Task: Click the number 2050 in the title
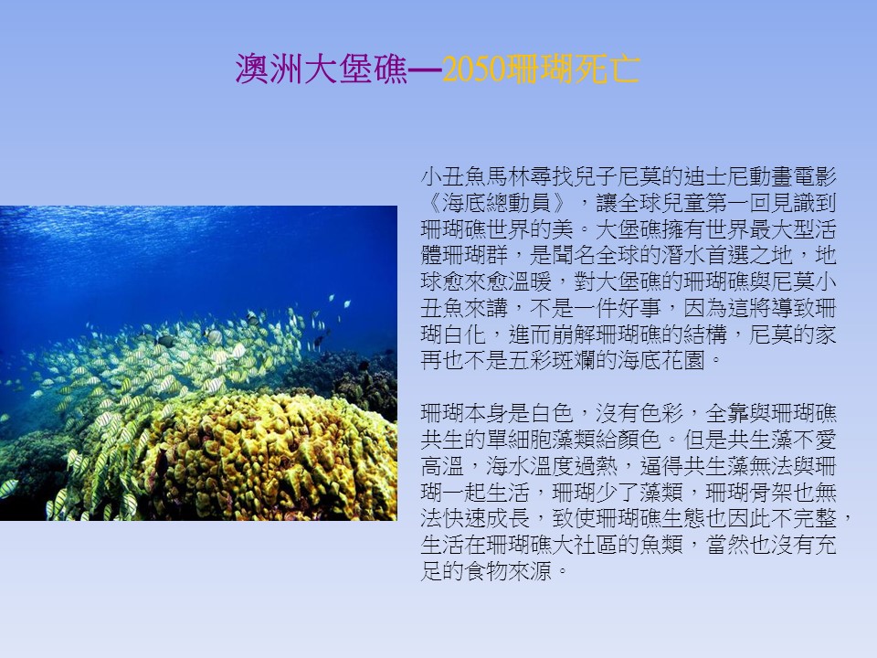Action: tap(474, 69)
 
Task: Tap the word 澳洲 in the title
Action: tap(269, 69)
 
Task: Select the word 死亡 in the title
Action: tap(607, 69)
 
